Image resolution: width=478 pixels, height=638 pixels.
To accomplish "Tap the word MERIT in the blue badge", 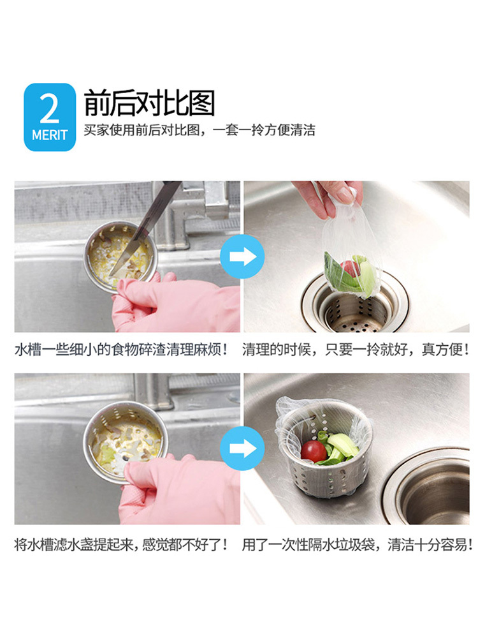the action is (x=50, y=135).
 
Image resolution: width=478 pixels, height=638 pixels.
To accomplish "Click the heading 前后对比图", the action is (x=149, y=103).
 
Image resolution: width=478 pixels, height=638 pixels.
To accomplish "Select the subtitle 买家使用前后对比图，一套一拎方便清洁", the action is (x=199, y=130).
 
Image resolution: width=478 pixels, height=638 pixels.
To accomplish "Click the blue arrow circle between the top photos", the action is (x=242, y=256).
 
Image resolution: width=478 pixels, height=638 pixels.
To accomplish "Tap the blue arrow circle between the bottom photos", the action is (x=242, y=449).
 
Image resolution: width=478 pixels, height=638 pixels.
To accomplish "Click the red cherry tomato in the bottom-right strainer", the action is (x=314, y=451).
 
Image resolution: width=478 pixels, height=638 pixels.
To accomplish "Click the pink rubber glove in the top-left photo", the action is (x=176, y=302).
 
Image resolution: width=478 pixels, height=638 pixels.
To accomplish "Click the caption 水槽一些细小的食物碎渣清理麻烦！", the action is (x=120, y=350).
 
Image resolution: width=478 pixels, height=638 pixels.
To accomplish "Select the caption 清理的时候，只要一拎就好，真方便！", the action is (x=356, y=350).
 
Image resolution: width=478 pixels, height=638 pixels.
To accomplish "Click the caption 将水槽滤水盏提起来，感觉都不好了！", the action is (x=120, y=544).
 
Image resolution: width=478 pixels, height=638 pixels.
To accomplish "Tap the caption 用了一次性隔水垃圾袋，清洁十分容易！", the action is (x=358, y=544).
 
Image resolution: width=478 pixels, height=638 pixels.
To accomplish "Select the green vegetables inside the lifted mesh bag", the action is (x=351, y=274).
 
